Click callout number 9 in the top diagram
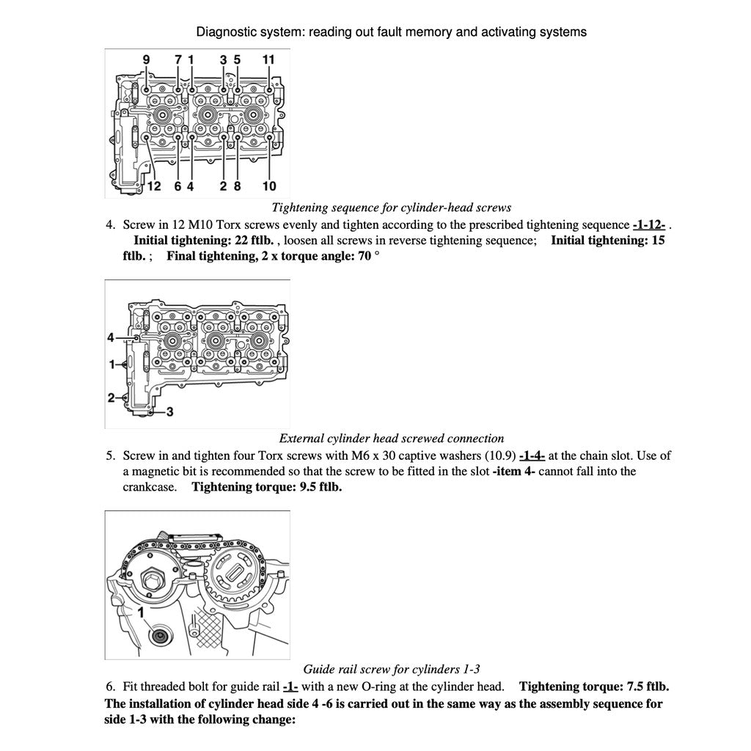click(146, 59)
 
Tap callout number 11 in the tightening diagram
click(268, 59)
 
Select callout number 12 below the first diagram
click(153, 186)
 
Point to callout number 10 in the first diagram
click(268, 186)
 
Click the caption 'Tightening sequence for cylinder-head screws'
click(391, 208)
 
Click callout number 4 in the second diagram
click(111, 337)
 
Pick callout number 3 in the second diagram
click(169, 411)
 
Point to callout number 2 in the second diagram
click(111, 398)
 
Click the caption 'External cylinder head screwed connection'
click(391, 439)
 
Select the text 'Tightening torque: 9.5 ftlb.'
click(266, 487)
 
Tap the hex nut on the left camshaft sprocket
click(157, 578)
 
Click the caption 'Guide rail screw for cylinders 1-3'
click(391, 669)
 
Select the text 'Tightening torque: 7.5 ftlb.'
click(593, 687)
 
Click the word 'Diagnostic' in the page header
click(224, 32)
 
